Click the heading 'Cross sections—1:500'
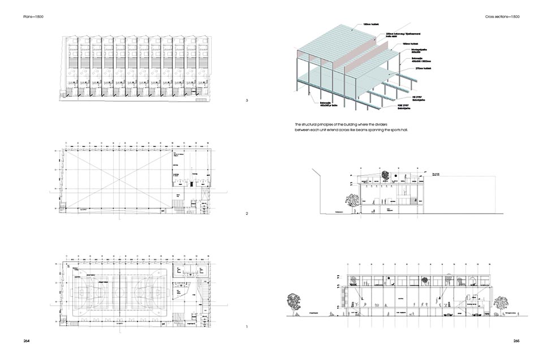[502, 16]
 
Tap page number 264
[27, 341]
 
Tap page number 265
[516, 341]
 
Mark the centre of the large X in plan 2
[117, 177]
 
